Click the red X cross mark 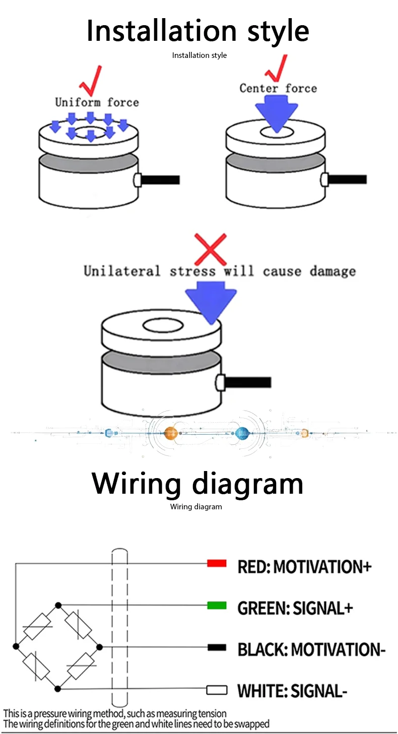click(210, 250)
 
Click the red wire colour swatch click(217, 563)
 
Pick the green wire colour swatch click(217, 605)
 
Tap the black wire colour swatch click(217, 647)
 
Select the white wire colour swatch click(217, 690)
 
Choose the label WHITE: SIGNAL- click(292, 691)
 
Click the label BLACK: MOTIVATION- click(311, 649)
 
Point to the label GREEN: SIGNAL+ click(295, 608)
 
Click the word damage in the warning click(333, 272)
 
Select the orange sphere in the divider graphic click(171, 433)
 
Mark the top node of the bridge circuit click(58, 605)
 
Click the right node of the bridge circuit click(100, 647)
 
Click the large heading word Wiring click(136, 484)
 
